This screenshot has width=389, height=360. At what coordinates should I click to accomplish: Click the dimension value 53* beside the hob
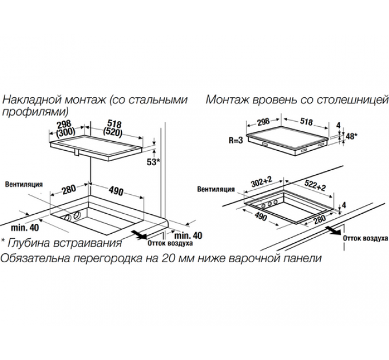tap(152, 162)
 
